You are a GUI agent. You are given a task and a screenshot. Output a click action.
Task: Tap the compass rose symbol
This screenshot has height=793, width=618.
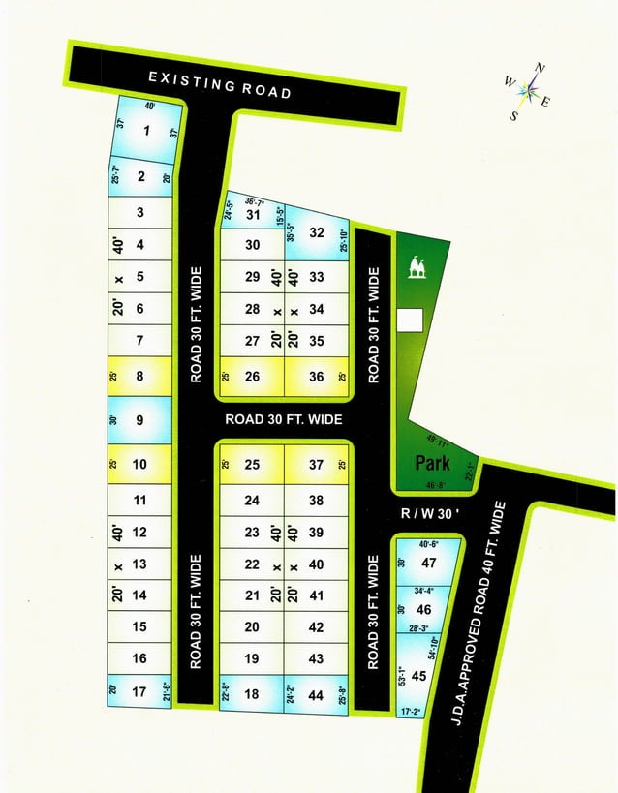click(527, 90)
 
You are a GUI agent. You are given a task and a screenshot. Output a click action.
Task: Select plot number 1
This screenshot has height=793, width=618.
click(147, 133)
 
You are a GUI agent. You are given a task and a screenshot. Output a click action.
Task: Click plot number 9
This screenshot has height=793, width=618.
click(139, 420)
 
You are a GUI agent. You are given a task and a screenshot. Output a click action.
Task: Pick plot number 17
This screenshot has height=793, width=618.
click(139, 691)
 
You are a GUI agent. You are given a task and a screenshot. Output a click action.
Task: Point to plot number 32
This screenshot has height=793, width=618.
click(316, 232)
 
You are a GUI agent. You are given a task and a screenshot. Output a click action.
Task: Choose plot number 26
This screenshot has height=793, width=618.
click(252, 377)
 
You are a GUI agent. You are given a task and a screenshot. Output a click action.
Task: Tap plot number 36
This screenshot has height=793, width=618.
click(316, 377)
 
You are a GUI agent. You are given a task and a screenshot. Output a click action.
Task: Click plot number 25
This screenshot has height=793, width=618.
click(252, 465)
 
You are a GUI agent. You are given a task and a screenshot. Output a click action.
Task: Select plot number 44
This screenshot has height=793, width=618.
click(316, 694)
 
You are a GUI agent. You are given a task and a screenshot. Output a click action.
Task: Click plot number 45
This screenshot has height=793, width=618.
click(418, 676)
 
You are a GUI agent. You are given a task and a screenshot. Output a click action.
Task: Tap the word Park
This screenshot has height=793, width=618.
click(435, 461)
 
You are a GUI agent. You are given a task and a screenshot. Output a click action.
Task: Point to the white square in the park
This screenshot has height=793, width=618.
click(411, 319)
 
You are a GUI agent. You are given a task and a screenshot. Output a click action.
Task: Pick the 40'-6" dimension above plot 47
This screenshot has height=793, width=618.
click(428, 543)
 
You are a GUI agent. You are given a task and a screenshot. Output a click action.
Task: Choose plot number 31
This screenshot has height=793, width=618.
click(253, 215)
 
